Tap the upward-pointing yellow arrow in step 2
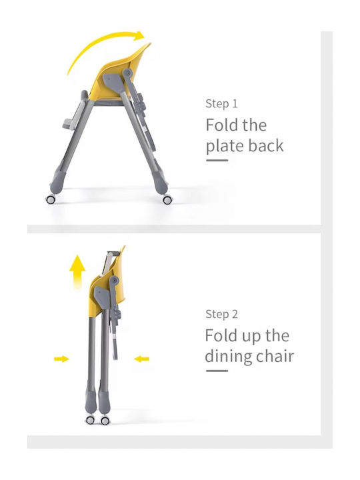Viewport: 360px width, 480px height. [77, 271]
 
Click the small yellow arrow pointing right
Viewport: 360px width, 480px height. [61, 359]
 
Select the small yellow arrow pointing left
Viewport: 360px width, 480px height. [142, 359]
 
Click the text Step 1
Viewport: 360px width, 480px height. [221, 103]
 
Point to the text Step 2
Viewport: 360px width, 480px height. [221, 314]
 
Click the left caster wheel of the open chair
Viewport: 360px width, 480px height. [51, 199]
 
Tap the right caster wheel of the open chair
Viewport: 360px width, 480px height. [167, 200]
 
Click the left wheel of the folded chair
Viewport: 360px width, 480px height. [90, 420]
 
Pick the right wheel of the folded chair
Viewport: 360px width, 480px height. [105, 420]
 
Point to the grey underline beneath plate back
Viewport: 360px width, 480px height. [217, 160]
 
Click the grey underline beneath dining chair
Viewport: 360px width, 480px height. [217, 371]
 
